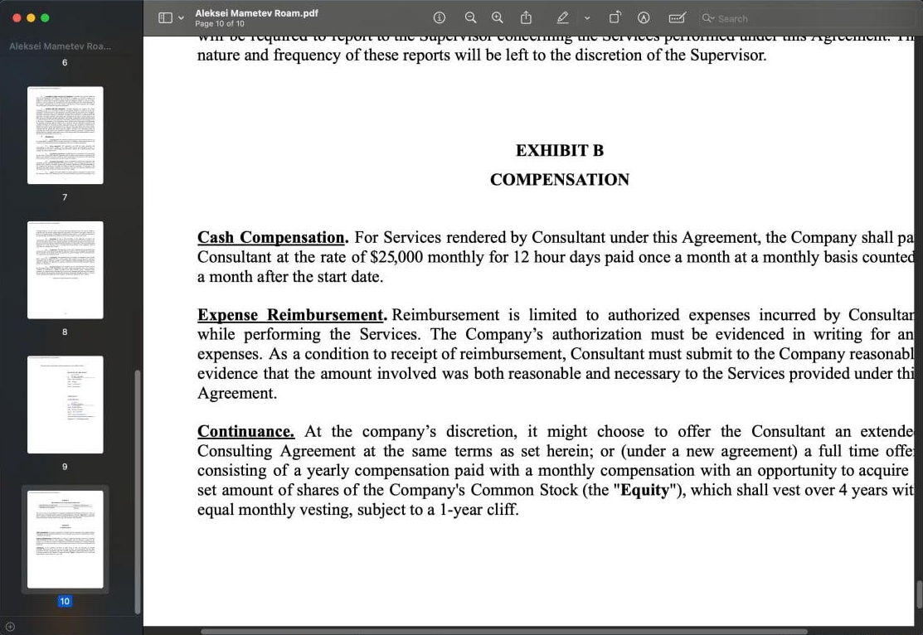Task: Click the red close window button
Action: (16, 17)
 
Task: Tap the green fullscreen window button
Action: (45, 17)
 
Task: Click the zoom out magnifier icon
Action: (470, 17)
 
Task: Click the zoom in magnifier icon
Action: (497, 17)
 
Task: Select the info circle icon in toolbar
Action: (440, 17)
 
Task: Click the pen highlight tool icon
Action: (563, 17)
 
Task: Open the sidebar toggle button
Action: (165, 17)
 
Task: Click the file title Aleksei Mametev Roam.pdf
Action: (256, 13)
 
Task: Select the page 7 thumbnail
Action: (65, 134)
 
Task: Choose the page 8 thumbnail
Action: (65, 269)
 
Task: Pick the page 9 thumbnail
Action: (65, 404)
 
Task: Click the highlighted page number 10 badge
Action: (65, 601)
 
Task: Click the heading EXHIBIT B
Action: (559, 150)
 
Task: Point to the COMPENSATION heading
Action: (559, 180)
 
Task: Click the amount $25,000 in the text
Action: (396, 257)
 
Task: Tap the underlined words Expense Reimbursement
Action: (291, 315)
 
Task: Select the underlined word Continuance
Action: (245, 431)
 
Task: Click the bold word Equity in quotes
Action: (644, 490)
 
